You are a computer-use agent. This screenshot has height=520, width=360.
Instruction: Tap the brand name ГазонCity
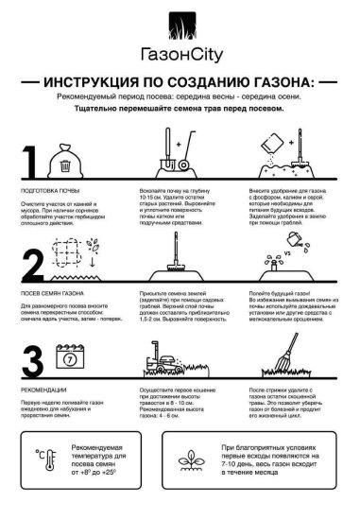[180, 56]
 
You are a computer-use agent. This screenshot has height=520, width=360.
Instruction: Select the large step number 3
[33, 362]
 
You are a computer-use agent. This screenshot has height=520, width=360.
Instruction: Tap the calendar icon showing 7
[71, 359]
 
